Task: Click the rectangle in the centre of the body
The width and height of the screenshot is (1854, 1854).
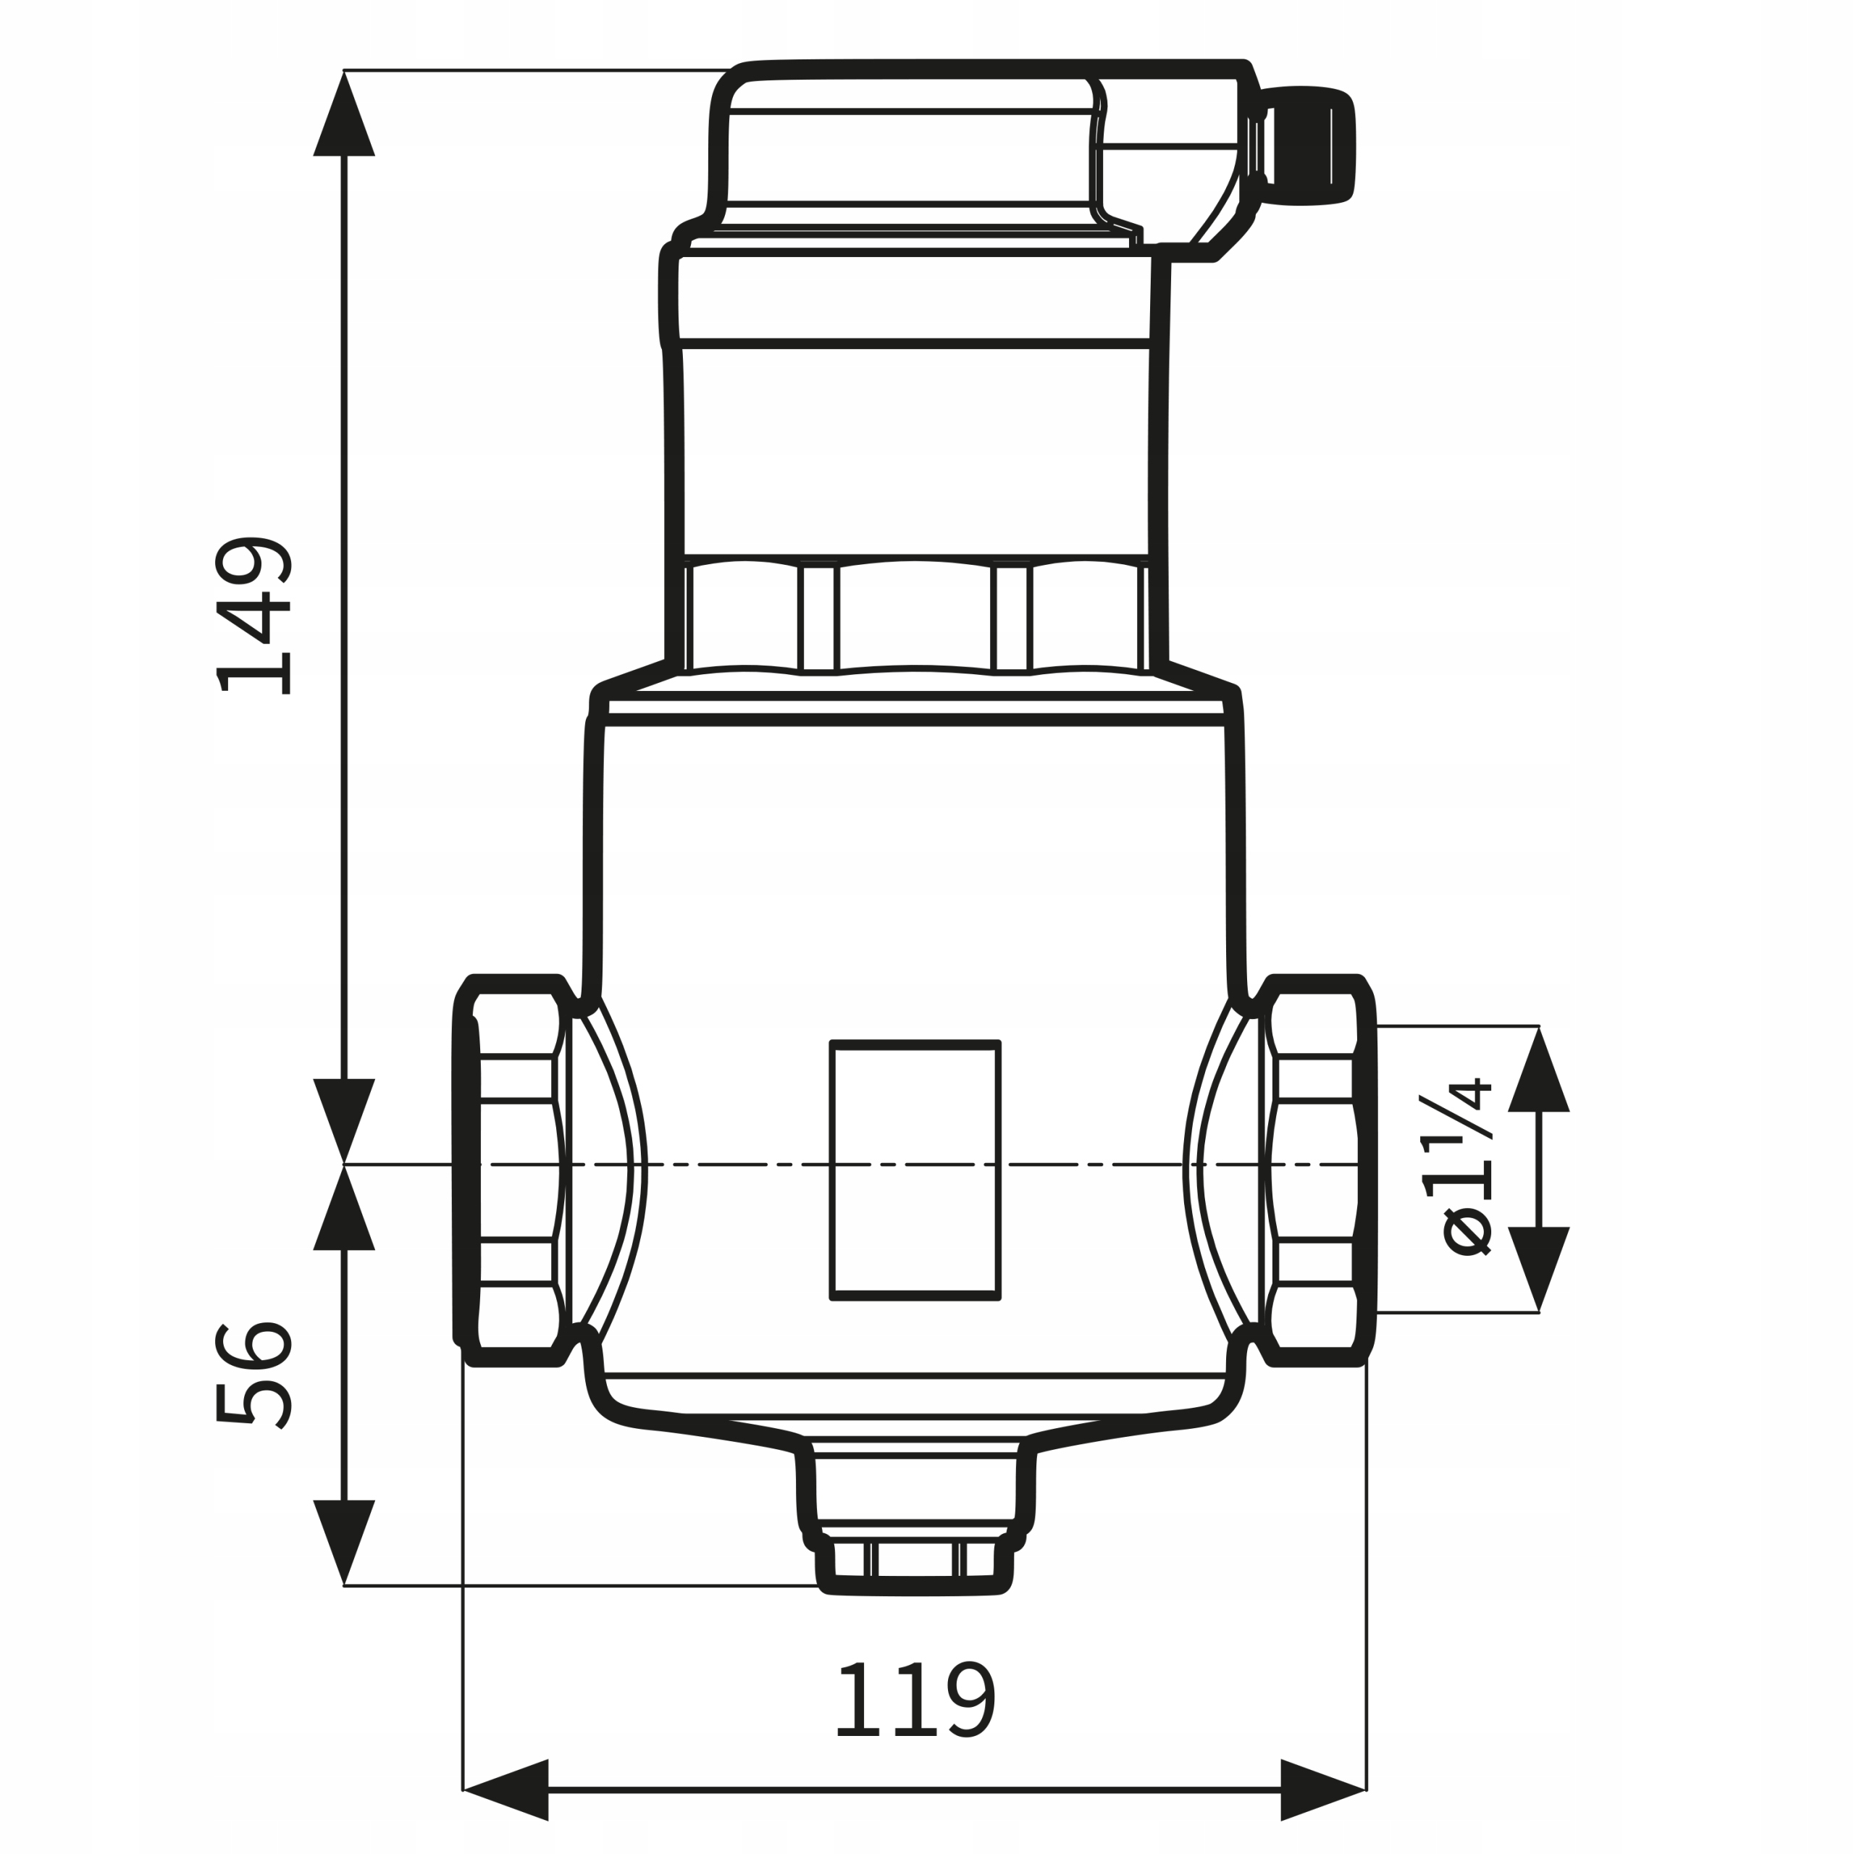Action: coord(915,1171)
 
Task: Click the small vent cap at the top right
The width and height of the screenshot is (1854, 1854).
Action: coord(1305,145)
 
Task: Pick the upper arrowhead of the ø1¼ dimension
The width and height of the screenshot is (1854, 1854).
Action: coord(1538,1070)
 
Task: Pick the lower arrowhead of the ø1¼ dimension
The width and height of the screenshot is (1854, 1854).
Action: coord(1538,1269)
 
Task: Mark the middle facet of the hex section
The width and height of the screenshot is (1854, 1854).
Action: coord(915,617)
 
